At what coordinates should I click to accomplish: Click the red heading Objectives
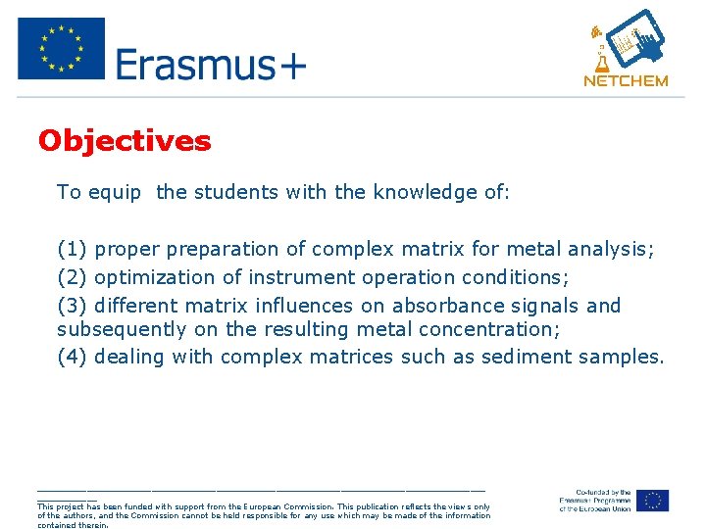125,141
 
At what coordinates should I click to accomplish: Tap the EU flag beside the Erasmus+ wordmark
61,48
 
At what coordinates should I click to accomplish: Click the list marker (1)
74,250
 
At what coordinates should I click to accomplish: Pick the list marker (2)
74,277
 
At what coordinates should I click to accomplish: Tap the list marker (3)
74,305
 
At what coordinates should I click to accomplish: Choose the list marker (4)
74,357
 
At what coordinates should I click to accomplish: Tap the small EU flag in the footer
652,501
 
